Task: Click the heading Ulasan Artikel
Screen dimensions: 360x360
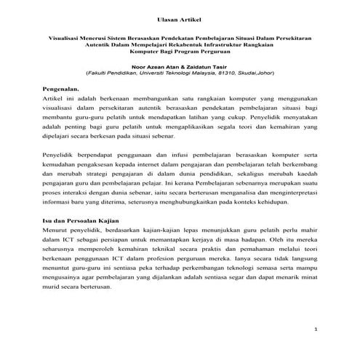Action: tap(180, 17)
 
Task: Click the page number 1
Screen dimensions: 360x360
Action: tap(316, 330)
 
